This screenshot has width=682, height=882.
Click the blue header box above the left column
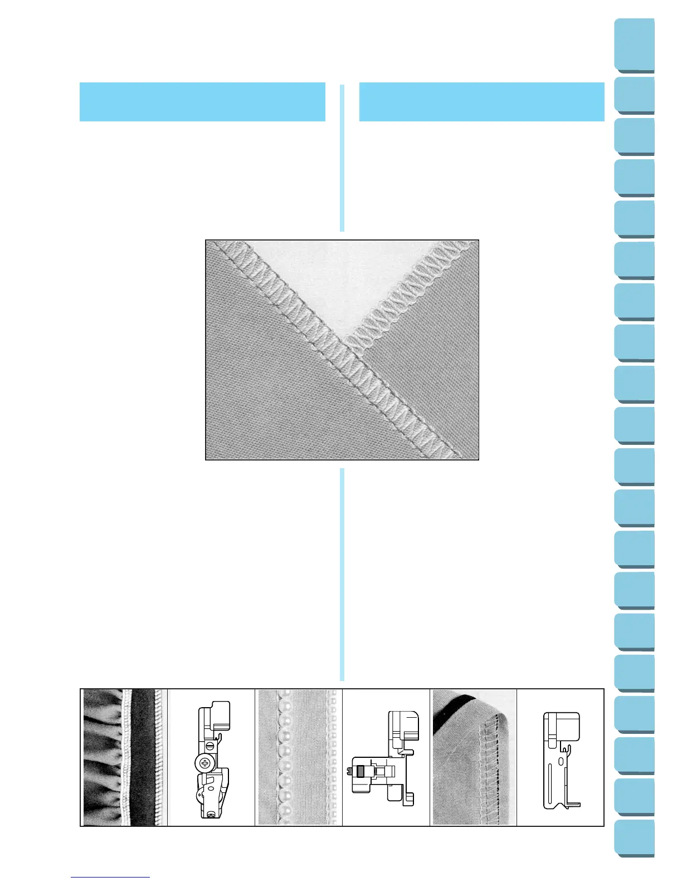(202, 102)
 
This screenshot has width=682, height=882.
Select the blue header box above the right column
(481, 102)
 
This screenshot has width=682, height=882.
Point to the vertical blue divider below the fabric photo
(342, 574)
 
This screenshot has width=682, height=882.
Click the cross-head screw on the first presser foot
(205, 763)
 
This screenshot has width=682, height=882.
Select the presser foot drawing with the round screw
(212, 757)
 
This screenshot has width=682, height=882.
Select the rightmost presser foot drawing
(561, 757)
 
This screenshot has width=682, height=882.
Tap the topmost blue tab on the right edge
(635, 45)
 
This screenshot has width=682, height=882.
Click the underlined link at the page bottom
(110, 877)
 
